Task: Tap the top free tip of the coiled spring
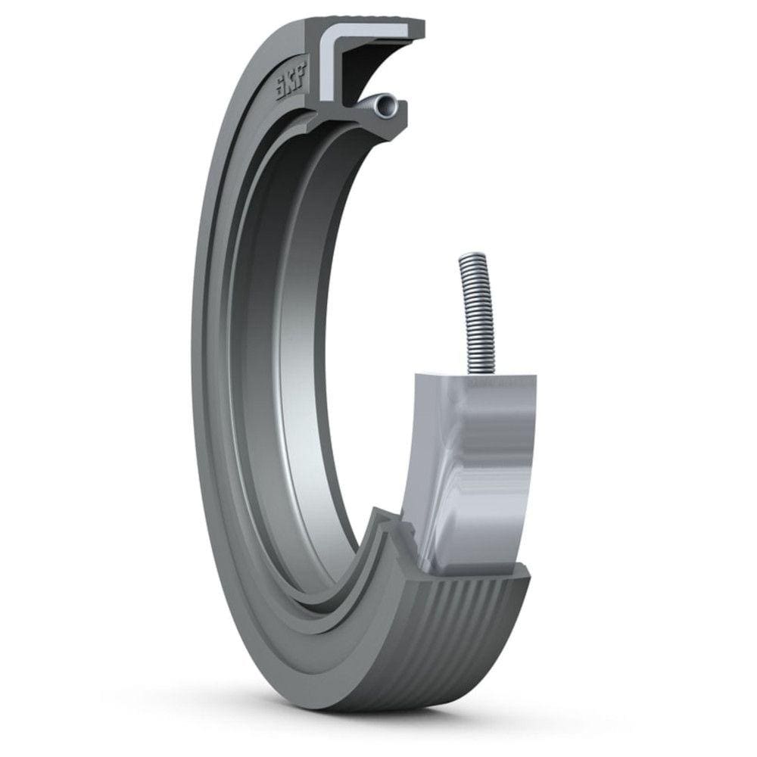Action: pos(466,261)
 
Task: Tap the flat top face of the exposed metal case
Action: pos(477,383)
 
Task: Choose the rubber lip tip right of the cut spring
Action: pos(401,114)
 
